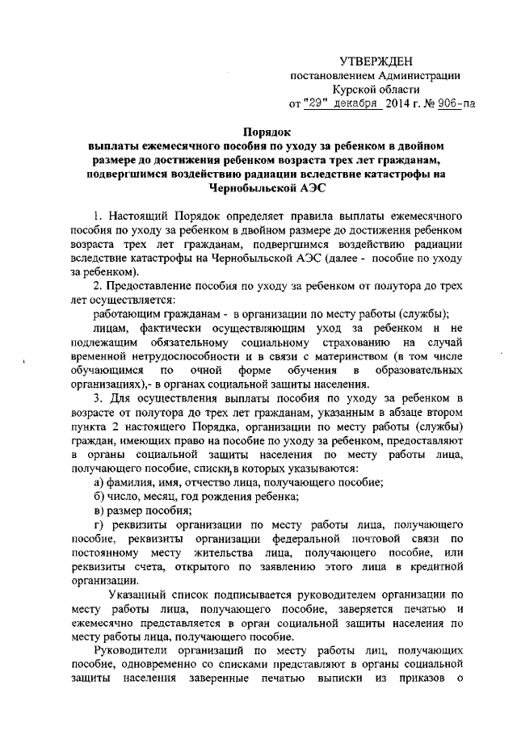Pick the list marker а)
tap(100, 481)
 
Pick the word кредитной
tap(435, 569)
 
